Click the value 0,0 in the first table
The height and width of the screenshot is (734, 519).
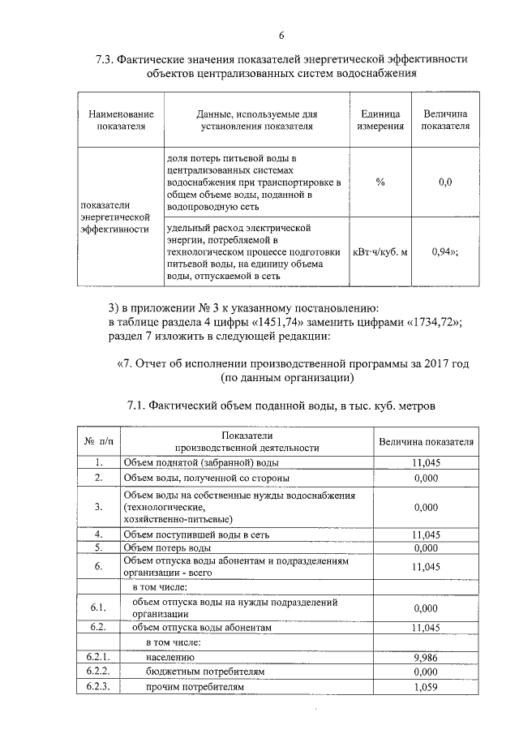(444, 182)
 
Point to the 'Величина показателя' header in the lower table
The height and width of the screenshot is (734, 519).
(426, 441)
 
